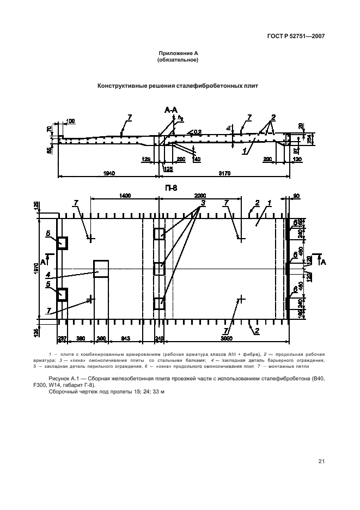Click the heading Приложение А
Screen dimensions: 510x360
coord(177,53)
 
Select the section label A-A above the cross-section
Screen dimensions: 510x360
coord(170,111)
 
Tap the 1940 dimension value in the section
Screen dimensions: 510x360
coord(108,173)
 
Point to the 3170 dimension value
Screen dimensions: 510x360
coord(224,173)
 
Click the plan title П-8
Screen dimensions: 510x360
coord(170,189)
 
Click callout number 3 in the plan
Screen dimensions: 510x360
coord(202,204)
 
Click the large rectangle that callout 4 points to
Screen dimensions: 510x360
coord(101,269)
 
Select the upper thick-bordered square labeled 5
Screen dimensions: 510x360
coord(62,242)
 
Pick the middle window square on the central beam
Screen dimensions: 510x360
coord(158,269)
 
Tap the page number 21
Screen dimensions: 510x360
coord(321,462)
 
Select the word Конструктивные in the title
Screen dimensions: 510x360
coord(124,86)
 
